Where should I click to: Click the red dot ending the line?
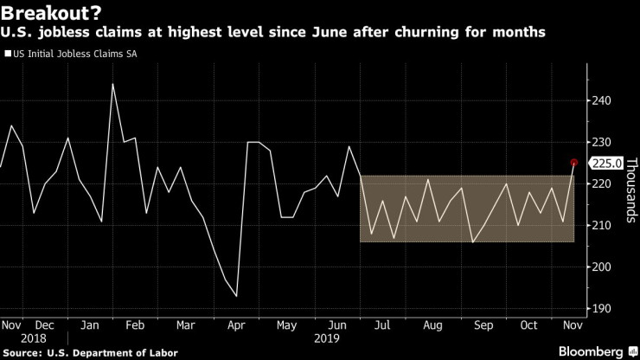tap(574, 162)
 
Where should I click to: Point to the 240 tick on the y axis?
tap(601, 100)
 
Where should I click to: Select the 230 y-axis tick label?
tap(601, 142)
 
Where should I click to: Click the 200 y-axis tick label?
tap(601, 267)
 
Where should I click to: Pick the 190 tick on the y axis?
tap(601, 308)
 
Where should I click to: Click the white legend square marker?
tap(8, 53)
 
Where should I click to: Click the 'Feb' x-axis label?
tap(134, 325)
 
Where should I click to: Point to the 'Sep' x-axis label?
tap(483, 325)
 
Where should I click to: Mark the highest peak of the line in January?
tap(112, 84)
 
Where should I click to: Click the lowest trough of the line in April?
tap(236, 296)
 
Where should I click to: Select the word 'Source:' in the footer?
tap(25, 352)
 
